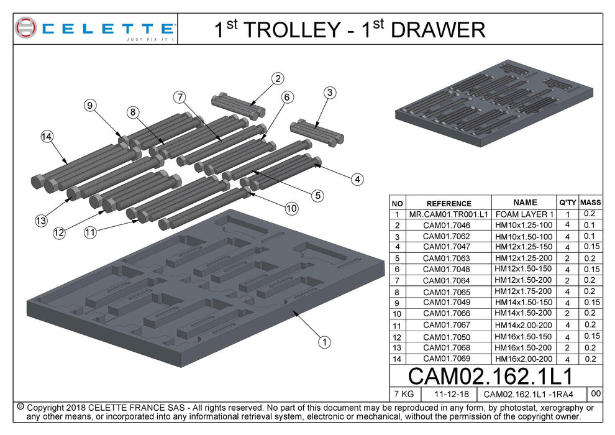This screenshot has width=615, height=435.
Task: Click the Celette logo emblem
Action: tap(27, 28)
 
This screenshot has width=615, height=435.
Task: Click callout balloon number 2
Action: tap(278, 78)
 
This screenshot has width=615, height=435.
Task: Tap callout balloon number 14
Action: tap(46, 137)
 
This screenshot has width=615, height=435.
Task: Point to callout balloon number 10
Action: tap(291, 209)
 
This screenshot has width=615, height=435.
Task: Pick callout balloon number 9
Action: tap(91, 106)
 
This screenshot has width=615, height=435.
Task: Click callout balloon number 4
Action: tap(357, 180)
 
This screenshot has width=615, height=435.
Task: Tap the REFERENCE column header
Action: tap(449, 203)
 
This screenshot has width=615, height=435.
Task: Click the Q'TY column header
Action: tap(567, 203)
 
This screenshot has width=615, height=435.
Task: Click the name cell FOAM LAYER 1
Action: tap(524, 214)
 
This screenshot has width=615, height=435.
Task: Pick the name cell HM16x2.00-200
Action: tap(524, 359)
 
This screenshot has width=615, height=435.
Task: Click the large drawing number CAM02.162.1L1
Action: tap(490, 377)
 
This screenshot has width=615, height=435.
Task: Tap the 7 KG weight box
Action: tap(404, 394)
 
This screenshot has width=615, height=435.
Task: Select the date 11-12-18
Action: tap(448, 394)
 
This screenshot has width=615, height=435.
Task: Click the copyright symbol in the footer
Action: tap(20, 406)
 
